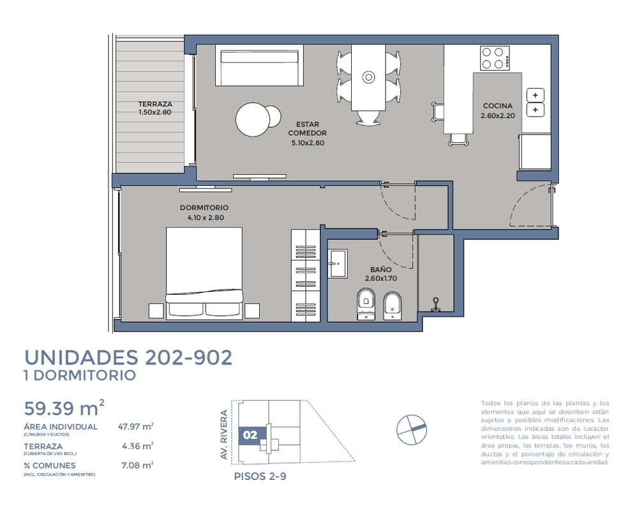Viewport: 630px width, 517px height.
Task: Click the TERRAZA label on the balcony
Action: pyautogui.click(x=155, y=104)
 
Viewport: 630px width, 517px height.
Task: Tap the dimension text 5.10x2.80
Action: pyautogui.click(x=308, y=142)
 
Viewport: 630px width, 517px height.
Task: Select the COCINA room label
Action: pyautogui.click(x=498, y=106)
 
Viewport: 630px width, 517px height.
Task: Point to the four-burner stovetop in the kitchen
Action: pyautogui.click(x=495, y=58)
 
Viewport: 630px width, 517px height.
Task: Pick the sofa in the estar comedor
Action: pyautogui.click(x=259, y=65)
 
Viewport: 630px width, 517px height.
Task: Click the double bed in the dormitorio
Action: pyautogui.click(x=204, y=273)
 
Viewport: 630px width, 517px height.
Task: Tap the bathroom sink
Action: pyautogui.click(x=338, y=264)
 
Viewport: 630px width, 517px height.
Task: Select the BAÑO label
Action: pyautogui.click(x=381, y=269)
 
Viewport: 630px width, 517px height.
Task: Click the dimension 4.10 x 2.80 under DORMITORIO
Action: pyautogui.click(x=206, y=218)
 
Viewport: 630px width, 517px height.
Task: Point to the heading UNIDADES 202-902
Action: pyautogui.click(x=128, y=357)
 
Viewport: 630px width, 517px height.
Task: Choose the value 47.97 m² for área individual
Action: pyautogui.click(x=136, y=426)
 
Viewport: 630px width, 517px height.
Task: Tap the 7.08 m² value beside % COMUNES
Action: pyautogui.click(x=137, y=465)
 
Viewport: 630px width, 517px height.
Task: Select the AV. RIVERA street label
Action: pyautogui.click(x=224, y=435)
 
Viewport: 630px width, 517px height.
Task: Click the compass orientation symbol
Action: pyautogui.click(x=412, y=430)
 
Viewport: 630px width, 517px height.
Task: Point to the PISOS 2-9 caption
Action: pyautogui.click(x=260, y=476)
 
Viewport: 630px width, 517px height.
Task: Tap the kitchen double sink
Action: pyautogui.click(x=535, y=102)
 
